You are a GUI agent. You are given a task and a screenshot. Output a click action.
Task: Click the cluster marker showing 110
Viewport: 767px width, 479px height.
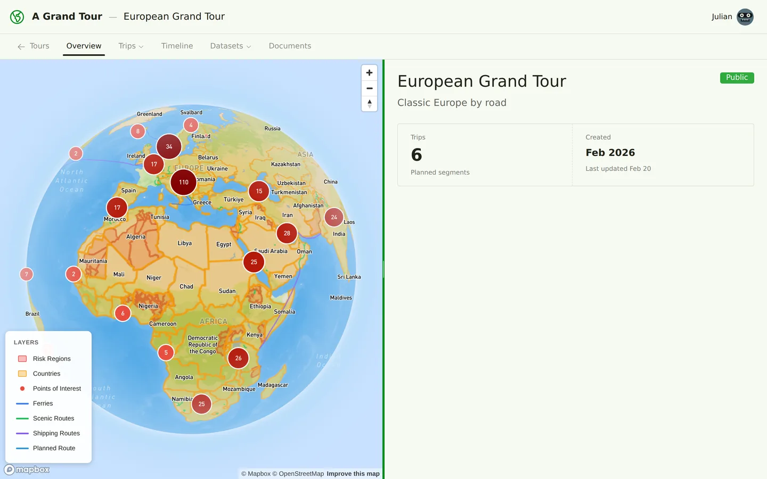184,182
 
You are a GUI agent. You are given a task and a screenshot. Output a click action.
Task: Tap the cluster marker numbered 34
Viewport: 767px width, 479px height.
169,146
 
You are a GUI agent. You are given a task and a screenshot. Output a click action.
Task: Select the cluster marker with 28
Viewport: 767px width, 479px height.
287,233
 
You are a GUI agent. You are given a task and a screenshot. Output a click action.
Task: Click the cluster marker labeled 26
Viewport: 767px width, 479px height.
239,358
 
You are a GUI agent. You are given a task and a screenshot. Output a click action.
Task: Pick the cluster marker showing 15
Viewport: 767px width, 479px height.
259,191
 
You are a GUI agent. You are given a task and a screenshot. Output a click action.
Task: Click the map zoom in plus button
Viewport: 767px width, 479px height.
369,73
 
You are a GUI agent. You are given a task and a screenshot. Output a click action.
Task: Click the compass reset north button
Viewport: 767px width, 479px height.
369,104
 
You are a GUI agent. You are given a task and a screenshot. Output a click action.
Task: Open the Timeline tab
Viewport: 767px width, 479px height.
177,46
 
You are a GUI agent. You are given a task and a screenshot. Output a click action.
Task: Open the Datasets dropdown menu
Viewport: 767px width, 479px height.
230,46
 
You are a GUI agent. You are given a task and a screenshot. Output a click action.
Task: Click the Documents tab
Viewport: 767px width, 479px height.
290,46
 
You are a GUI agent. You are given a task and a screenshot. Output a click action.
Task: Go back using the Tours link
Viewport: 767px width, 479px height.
34,46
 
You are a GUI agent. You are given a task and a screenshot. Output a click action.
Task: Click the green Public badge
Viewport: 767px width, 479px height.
737,78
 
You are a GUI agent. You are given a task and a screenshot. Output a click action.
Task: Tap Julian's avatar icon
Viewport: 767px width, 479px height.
745,17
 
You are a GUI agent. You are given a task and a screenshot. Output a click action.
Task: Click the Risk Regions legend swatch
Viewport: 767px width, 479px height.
22,359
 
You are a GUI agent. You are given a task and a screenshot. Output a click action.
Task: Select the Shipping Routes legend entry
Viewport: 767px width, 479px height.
56,433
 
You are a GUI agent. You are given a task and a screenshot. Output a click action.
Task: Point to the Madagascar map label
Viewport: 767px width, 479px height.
273,385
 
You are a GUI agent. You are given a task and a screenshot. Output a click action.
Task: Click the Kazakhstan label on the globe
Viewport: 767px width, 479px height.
285,164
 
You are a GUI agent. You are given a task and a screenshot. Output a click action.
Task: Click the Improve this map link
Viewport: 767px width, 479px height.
353,474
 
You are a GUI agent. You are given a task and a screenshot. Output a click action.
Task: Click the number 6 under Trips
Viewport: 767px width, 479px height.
417,155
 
